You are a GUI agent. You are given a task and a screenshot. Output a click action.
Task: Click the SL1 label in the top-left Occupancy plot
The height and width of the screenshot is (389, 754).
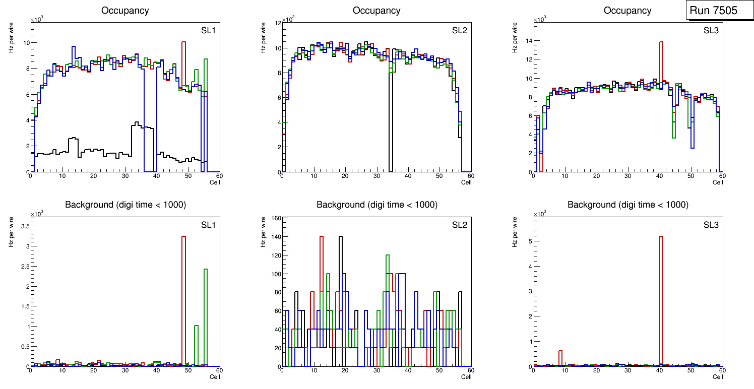pyautogui.click(x=208, y=30)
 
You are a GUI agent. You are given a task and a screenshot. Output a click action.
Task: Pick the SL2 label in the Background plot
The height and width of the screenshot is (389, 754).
pyautogui.click(x=459, y=224)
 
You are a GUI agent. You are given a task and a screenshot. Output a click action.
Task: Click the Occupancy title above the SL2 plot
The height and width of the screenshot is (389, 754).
pyautogui.click(x=376, y=11)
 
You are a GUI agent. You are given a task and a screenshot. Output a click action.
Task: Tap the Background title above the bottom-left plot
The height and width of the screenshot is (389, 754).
pyautogui.click(x=125, y=205)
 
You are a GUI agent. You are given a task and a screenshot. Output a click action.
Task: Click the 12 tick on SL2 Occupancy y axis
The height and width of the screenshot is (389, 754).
pyautogui.click(x=277, y=24)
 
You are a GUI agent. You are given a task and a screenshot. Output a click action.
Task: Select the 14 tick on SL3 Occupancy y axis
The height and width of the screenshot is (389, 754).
pyautogui.click(x=529, y=40)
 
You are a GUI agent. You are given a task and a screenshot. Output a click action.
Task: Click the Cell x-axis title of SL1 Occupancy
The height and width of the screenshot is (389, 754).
pyautogui.click(x=215, y=182)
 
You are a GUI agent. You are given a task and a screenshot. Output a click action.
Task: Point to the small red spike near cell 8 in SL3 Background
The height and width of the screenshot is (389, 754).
pyautogui.click(x=560, y=358)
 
